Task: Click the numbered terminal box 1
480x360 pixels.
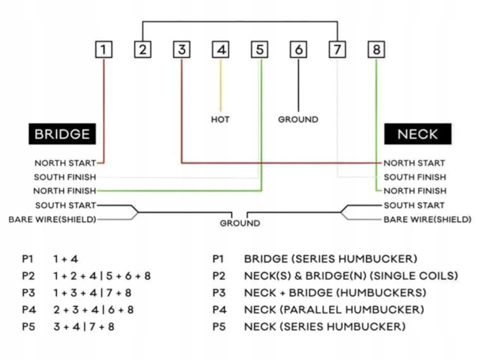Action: pyautogui.click(x=104, y=49)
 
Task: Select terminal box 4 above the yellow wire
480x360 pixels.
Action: pyautogui.click(x=221, y=49)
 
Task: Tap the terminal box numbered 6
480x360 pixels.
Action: pyautogui.click(x=299, y=49)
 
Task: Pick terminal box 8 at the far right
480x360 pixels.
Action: pyautogui.click(x=376, y=49)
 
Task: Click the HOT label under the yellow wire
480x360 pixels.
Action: pyautogui.click(x=220, y=119)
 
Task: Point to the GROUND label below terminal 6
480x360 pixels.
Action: pyautogui.click(x=298, y=119)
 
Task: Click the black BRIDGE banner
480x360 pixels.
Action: pyautogui.click(x=62, y=134)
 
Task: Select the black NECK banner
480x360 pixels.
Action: pyautogui.click(x=418, y=134)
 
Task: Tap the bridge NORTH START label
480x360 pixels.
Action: pyautogui.click(x=65, y=163)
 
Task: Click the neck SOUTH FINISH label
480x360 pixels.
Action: pyautogui.click(x=415, y=177)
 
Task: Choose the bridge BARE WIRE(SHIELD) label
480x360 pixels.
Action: pyautogui.click(x=52, y=220)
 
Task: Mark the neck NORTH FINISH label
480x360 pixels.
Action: pyautogui.click(x=415, y=191)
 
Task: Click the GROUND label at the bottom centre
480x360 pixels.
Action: pyautogui.click(x=240, y=224)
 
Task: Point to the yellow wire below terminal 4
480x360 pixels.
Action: pyautogui.click(x=221, y=84)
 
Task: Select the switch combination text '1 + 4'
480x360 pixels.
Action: pyautogui.click(x=66, y=259)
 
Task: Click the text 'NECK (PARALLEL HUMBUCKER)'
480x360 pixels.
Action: pyautogui.click(x=334, y=310)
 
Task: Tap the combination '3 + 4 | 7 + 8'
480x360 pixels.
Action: pyautogui.click(x=84, y=327)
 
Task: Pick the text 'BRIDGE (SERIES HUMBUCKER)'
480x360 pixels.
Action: pyautogui.click(x=331, y=259)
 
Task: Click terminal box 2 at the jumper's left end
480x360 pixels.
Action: pyautogui.click(x=143, y=49)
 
